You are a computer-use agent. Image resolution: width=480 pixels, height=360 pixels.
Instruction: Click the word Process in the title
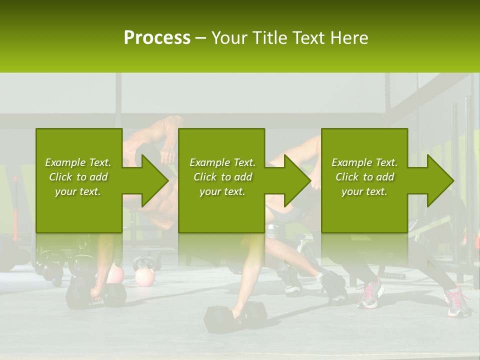[x=157, y=38]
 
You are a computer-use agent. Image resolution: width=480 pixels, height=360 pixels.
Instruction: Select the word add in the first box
[x=98, y=177]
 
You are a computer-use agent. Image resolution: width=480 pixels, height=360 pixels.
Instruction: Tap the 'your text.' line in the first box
[x=78, y=191]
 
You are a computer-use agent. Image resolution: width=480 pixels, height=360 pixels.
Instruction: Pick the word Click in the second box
[x=205, y=177]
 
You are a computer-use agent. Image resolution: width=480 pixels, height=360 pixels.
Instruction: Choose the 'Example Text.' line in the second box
[x=222, y=162]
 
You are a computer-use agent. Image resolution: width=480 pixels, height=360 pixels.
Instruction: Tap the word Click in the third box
[x=347, y=177]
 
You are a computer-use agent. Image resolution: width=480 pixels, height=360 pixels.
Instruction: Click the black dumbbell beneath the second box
[x=235, y=316]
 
